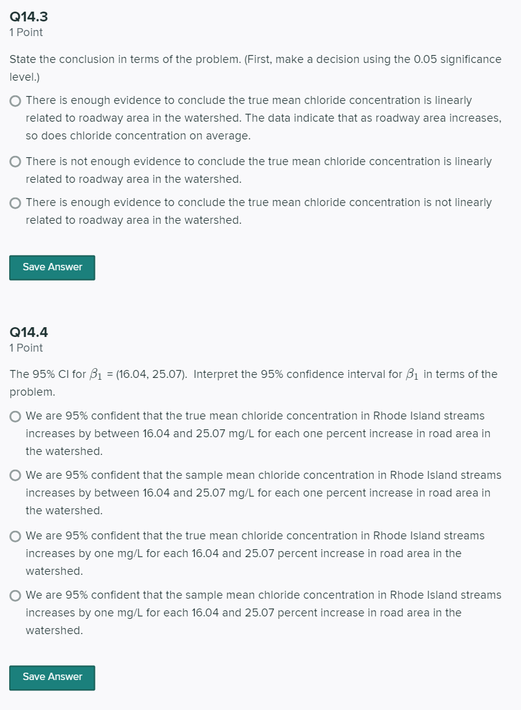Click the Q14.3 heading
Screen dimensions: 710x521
point(29,17)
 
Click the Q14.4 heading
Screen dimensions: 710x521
point(29,333)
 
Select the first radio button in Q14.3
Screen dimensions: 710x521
point(16,101)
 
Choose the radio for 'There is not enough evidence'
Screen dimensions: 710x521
point(16,163)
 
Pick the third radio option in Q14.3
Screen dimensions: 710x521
point(16,203)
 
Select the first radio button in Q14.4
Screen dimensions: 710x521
point(16,416)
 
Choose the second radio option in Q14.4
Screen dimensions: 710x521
point(16,476)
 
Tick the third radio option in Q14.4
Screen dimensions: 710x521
point(16,536)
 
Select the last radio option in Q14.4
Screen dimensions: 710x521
point(16,596)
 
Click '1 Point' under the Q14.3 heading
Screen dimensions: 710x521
point(26,32)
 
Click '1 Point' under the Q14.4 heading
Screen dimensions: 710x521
point(26,348)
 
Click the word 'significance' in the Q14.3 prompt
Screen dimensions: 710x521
point(466,59)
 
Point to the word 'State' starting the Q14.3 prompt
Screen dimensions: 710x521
point(23,59)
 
